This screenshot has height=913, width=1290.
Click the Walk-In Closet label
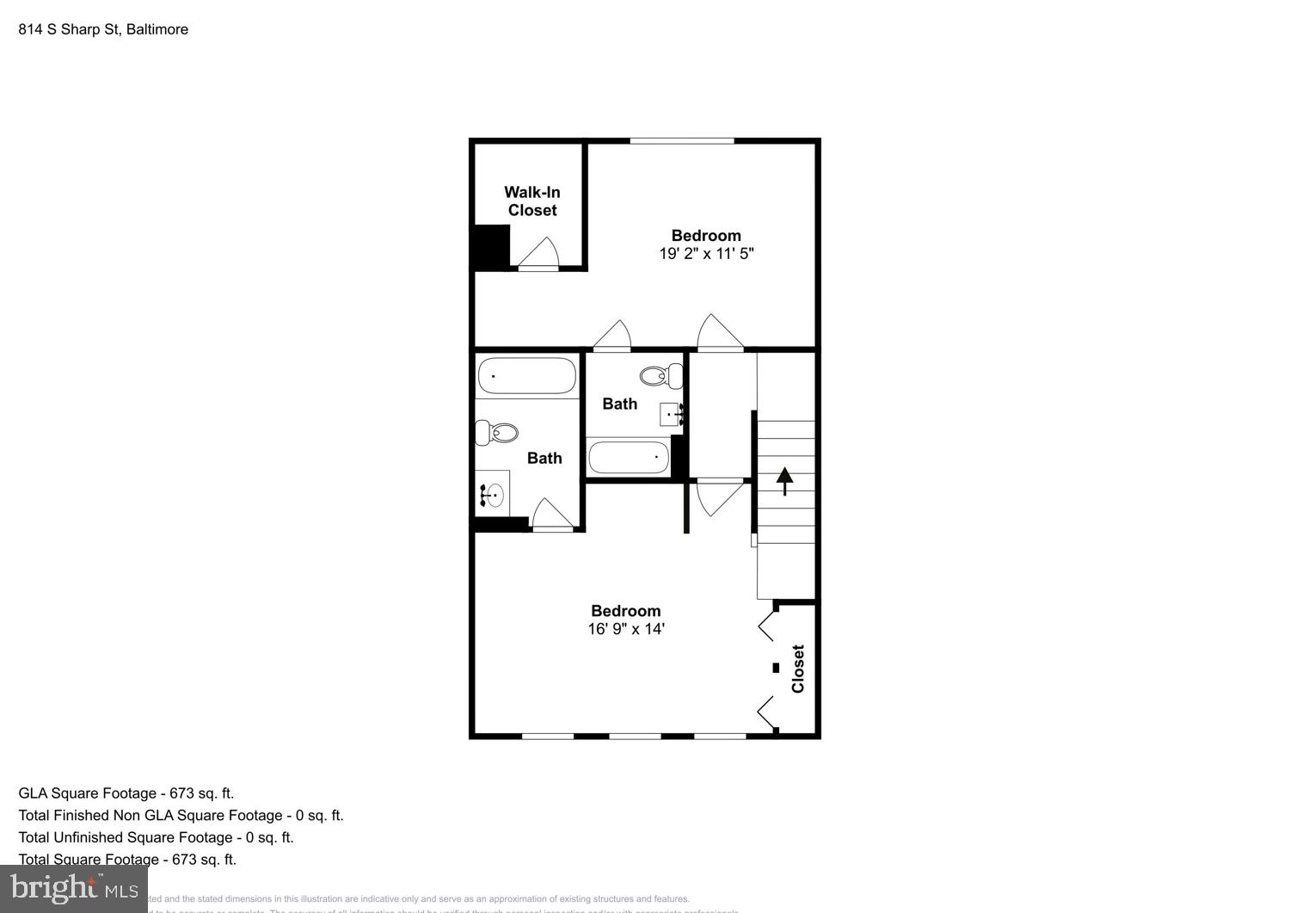[531, 201]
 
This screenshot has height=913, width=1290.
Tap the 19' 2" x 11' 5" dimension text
[706, 254]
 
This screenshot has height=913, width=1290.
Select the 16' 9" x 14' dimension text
[625, 629]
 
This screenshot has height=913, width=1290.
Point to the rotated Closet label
[798, 669]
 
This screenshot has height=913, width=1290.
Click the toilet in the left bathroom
[496, 432]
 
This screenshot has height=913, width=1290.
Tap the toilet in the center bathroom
[661, 375]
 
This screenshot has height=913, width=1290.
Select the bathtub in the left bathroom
[526, 376]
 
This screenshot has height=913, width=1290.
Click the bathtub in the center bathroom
[628, 457]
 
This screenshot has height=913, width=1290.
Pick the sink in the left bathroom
[492, 495]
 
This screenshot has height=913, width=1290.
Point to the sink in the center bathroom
[672, 415]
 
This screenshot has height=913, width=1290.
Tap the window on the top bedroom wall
[681, 141]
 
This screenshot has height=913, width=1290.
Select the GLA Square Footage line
[126, 793]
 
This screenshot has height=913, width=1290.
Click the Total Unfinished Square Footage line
[156, 837]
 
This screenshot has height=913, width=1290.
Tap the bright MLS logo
[73, 888]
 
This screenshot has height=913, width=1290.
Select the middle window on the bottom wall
[635, 736]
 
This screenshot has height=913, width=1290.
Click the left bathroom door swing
[551, 515]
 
